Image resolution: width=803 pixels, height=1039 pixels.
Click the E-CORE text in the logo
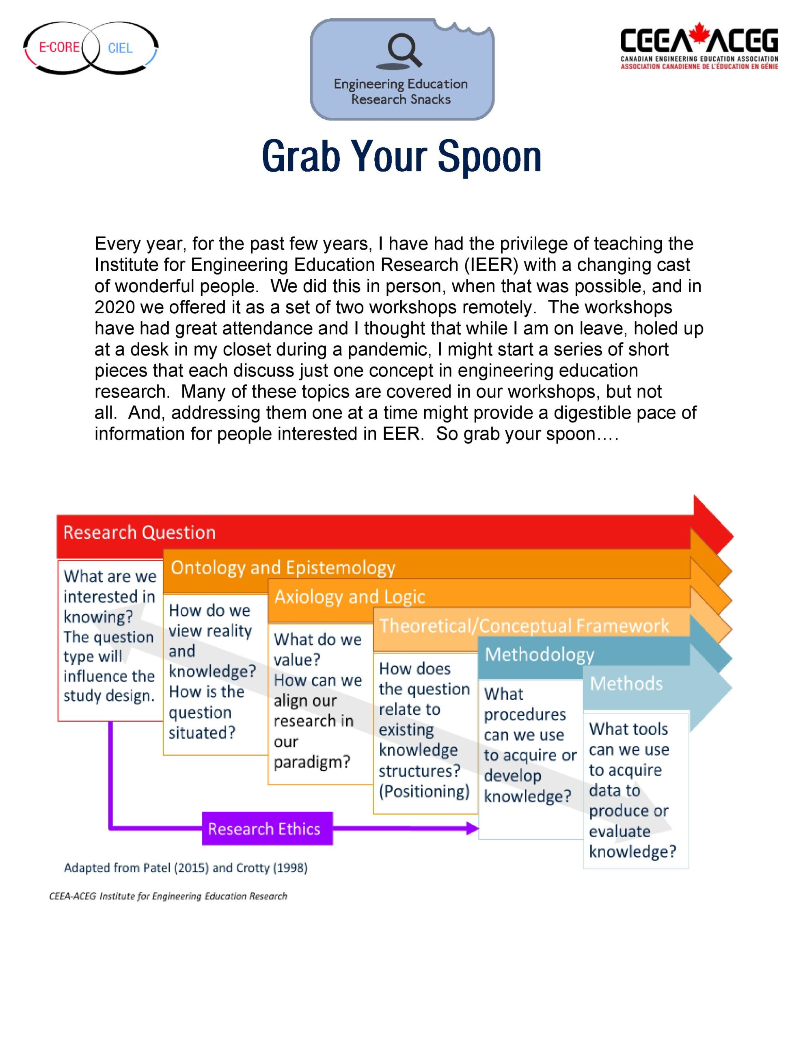[x=59, y=47]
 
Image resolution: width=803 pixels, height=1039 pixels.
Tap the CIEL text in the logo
[x=120, y=48]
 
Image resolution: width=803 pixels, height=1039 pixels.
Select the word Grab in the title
[x=301, y=157]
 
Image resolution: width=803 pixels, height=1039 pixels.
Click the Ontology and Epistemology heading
[x=283, y=567]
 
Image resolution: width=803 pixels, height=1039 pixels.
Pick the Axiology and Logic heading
[x=350, y=597]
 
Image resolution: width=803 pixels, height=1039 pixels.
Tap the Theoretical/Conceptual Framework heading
[x=524, y=625]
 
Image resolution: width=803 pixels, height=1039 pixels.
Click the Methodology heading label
[x=539, y=655]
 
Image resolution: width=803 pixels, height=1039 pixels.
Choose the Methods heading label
[x=626, y=683]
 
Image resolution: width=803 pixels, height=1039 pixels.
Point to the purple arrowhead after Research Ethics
[x=472, y=829]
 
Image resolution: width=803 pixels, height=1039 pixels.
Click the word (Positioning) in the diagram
[x=424, y=791]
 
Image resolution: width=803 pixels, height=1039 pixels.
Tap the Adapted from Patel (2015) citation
[x=186, y=868]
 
